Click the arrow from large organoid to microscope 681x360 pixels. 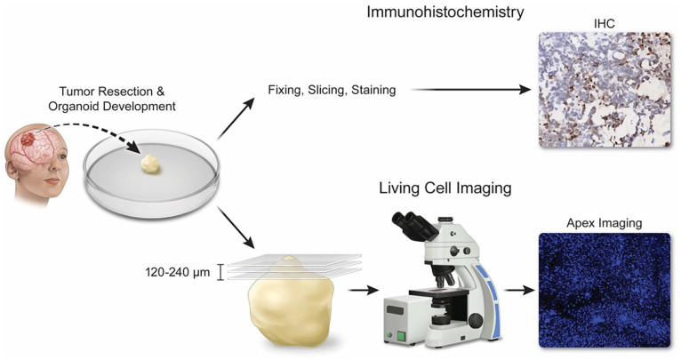360,290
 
